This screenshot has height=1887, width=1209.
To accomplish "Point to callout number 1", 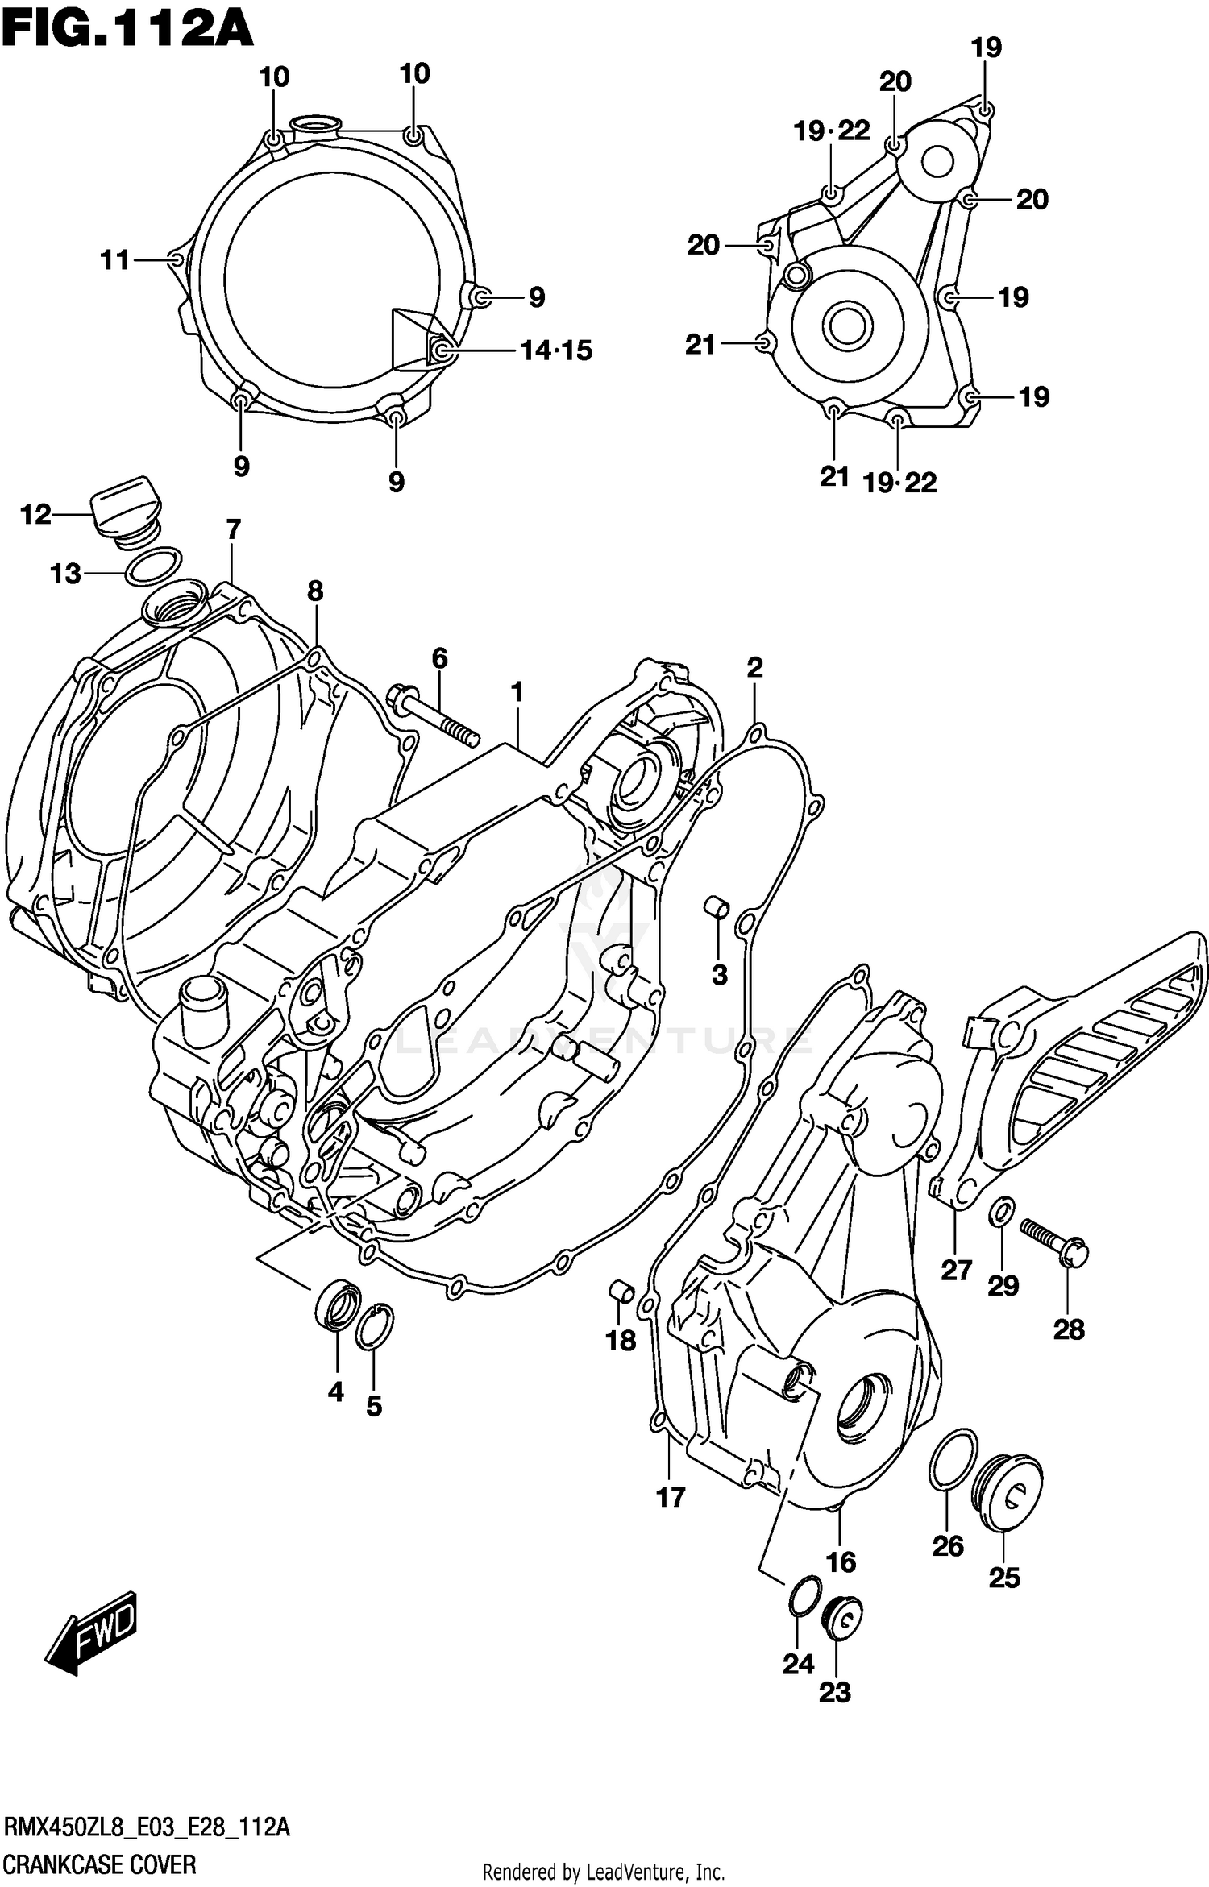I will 517,693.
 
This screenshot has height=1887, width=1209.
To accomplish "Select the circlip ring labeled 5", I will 374,1326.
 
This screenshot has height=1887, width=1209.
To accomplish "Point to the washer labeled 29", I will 1002,1211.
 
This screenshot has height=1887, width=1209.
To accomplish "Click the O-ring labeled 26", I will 953,1461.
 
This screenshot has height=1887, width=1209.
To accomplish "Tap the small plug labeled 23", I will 841,1616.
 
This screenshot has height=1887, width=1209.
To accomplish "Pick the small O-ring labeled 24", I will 804,1596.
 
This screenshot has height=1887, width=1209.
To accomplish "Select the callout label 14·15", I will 556,351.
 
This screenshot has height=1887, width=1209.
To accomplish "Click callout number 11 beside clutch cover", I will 114,260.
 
